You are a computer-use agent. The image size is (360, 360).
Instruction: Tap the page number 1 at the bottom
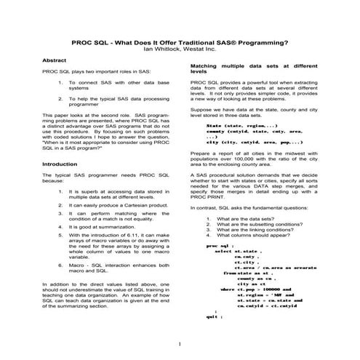179,342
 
